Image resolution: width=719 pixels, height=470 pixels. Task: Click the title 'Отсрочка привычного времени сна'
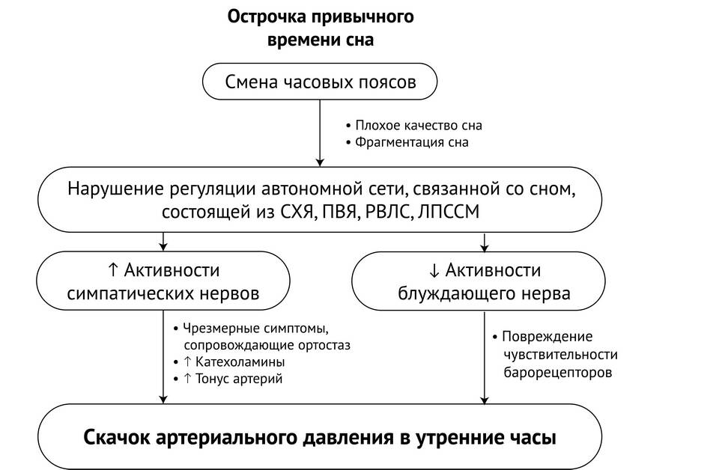point(321,28)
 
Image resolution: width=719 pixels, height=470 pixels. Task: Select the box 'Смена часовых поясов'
point(320,82)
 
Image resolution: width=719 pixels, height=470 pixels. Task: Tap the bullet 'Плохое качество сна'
point(413,125)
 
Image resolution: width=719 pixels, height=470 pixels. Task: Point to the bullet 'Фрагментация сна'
point(407,142)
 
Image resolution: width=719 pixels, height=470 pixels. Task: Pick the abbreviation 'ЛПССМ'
point(449,212)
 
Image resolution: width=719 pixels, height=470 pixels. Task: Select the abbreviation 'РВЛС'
point(389,212)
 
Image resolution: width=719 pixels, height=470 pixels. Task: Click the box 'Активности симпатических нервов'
point(163,281)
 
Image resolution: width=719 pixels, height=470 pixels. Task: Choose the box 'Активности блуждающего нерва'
point(479,281)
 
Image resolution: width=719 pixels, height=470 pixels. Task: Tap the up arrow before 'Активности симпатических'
point(113,270)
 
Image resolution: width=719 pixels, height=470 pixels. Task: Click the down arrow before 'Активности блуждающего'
point(434,270)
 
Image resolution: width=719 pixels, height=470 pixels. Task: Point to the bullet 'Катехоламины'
point(230,362)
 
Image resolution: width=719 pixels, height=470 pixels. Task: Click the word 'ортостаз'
point(324,345)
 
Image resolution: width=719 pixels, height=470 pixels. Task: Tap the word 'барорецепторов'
point(557,372)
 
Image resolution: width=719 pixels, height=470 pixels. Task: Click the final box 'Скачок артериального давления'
point(320,436)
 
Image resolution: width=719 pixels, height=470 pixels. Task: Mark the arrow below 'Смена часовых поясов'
point(320,133)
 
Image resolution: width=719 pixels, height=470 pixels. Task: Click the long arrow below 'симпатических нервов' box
point(163,357)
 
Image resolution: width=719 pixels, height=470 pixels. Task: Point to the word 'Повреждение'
point(547,337)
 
